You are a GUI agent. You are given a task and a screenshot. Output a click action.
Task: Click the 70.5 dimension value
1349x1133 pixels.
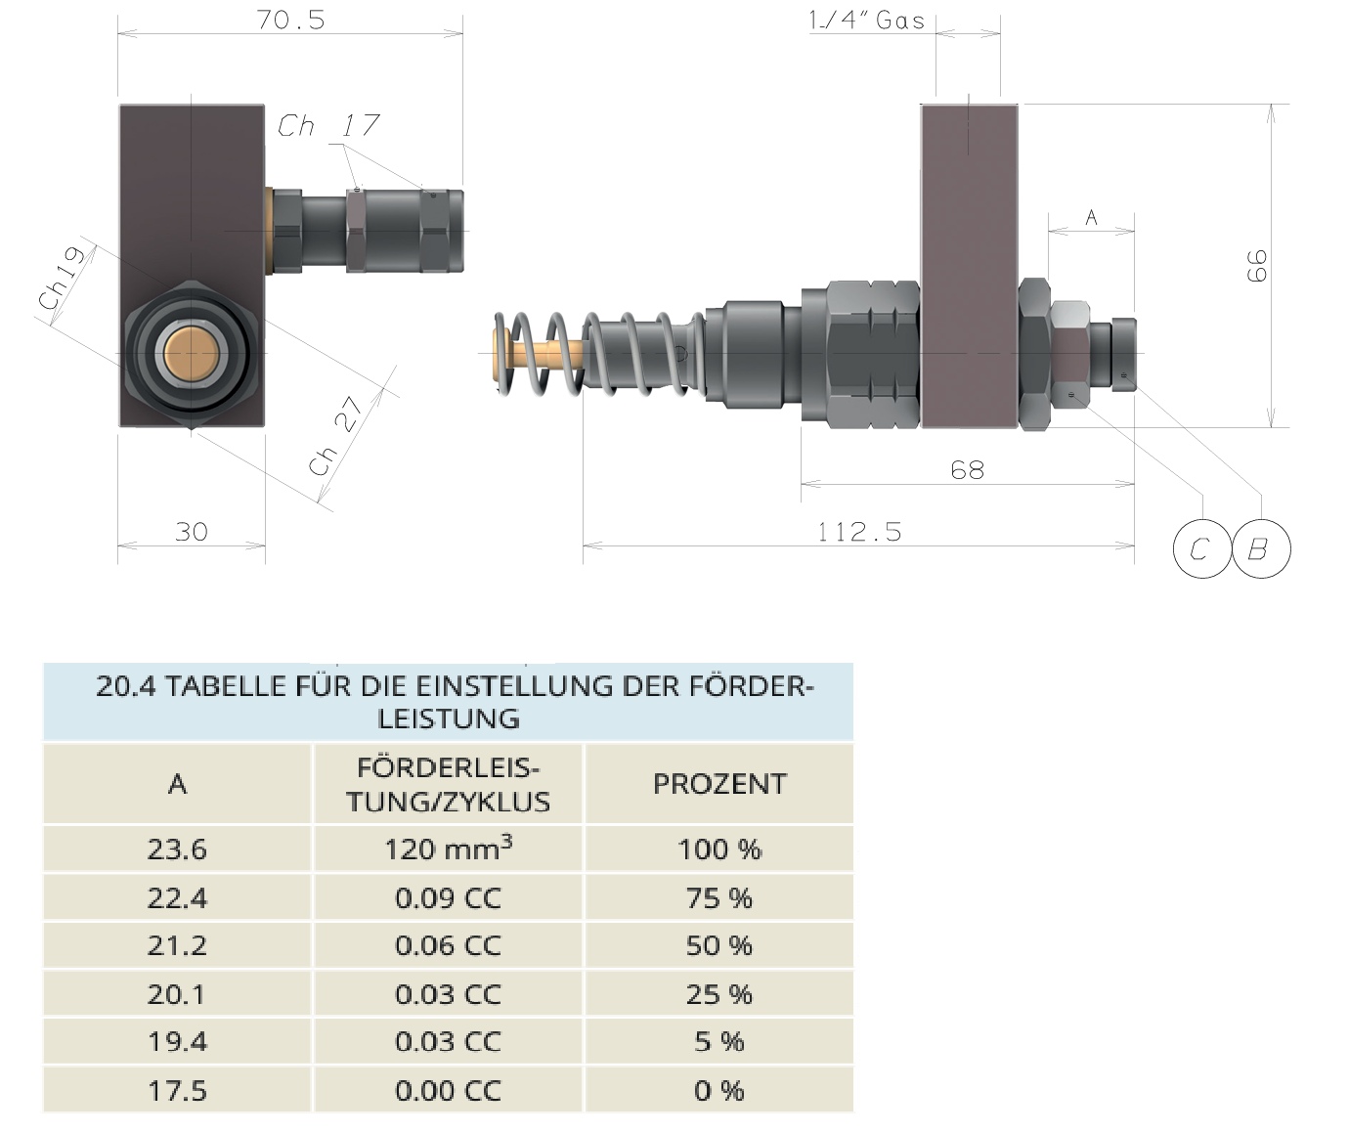290,20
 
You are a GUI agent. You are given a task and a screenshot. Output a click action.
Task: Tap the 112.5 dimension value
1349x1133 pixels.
859,532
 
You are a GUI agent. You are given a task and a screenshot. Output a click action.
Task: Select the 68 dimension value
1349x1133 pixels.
967,470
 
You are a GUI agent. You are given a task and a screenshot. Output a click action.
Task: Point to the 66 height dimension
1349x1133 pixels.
1256,266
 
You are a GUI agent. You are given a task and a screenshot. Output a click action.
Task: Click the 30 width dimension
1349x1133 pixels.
192,532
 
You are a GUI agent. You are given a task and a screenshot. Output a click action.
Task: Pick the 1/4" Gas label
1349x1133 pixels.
866,20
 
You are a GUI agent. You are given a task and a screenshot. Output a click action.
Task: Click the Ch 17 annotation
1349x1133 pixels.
328,125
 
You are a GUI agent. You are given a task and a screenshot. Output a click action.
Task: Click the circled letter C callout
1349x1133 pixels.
1201,548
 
